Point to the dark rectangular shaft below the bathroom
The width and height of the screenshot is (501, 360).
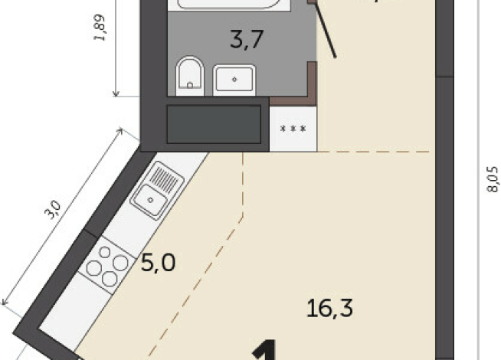point(214,123)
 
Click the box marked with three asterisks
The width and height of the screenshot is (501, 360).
point(293,128)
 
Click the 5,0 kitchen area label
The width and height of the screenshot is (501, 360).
point(159,263)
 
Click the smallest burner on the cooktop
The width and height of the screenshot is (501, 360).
point(103,253)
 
